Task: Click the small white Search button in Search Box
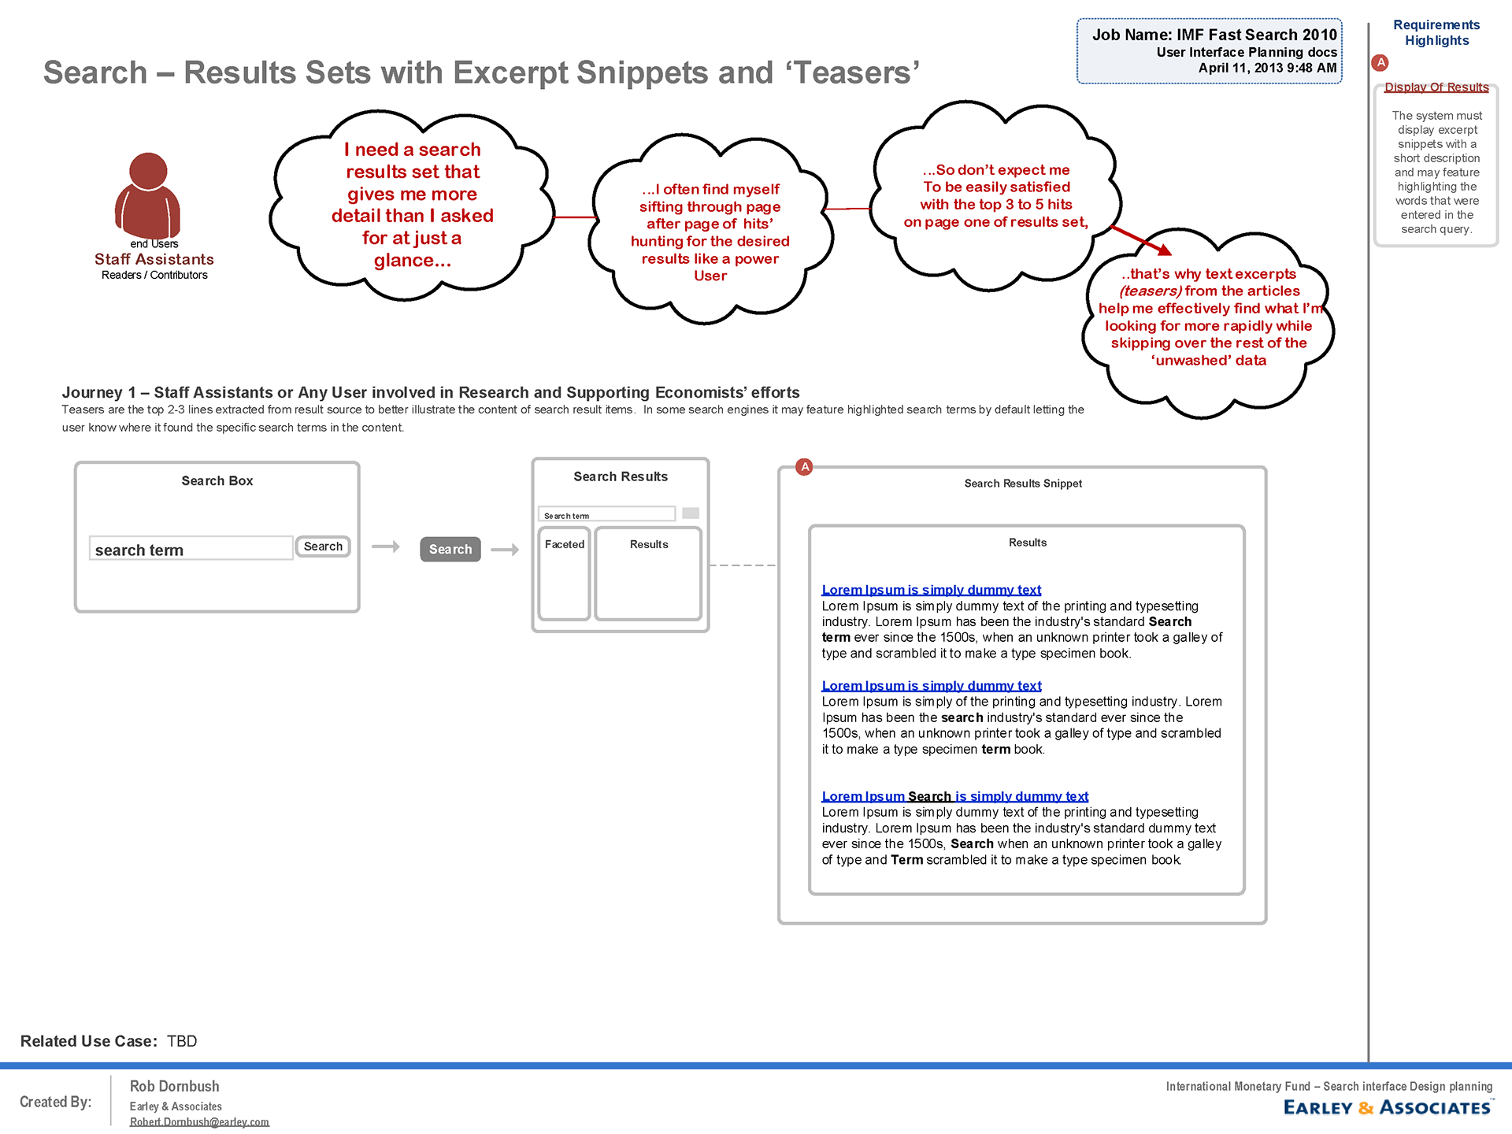click(323, 547)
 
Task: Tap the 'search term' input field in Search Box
click(191, 549)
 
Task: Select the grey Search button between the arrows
click(450, 549)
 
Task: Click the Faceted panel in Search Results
click(565, 574)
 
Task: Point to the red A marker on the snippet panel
click(804, 467)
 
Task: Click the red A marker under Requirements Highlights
click(1380, 63)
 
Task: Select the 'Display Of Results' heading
click(1436, 87)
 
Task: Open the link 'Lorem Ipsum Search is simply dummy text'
click(954, 796)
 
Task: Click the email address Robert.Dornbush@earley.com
click(199, 1121)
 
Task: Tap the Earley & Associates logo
click(1388, 1107)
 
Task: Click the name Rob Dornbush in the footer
click(175, 1086)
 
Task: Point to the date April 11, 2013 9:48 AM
click(1267, 69)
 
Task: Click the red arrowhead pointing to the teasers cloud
click(1164, 250)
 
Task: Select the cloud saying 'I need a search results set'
click(412, 205)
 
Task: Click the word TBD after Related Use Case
click(182, 1041)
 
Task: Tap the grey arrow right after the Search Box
click(386, 547)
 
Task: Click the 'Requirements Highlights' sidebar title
click(1436, 33)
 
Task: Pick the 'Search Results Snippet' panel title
click(1023, 484)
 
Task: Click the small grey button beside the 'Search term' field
click(691, 513)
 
